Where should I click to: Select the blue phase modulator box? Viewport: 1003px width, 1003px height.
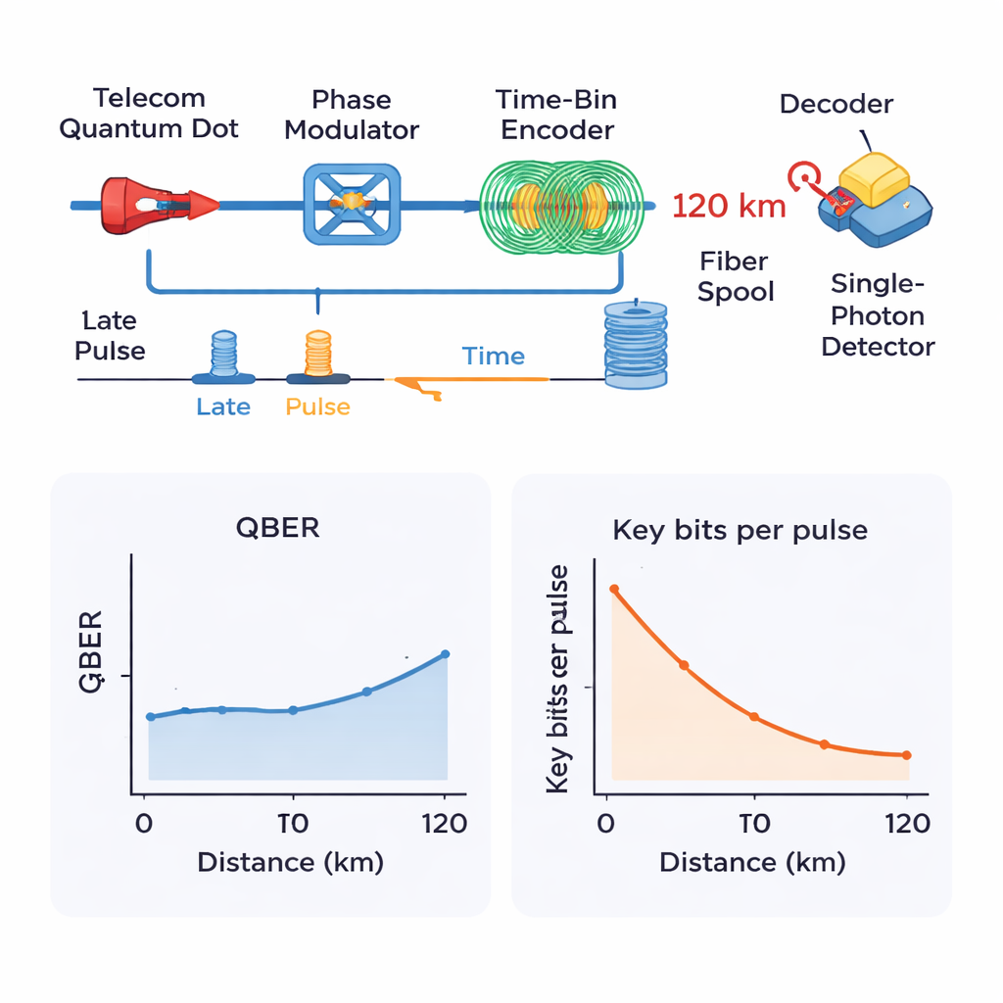click(x=352, y=203)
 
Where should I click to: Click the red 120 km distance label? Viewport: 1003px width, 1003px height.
click(x=730, y=207)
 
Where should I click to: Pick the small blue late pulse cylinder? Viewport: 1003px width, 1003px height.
click(x=224, y=355)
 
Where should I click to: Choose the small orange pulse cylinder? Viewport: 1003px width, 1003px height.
click(x=318, y=355)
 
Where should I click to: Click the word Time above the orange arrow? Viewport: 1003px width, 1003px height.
click(x=494, y=357)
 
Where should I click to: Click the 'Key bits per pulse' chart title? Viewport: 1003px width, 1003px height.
click(x=740, y=531)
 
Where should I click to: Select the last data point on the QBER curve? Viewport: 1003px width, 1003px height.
click(x=446, y=654)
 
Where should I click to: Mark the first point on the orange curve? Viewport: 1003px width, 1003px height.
click(x=614, y=590)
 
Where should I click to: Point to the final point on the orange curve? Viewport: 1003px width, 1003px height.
click(x=906, y=755)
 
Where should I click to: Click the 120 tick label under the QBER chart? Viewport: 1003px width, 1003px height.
click(x=443, y=823)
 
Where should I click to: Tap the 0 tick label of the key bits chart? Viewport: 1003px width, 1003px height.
click(x=607, y=823)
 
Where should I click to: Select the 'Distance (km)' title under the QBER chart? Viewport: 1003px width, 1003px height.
click(x=290, y=863)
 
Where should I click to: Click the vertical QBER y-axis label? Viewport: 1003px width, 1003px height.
click(x=90, y=652)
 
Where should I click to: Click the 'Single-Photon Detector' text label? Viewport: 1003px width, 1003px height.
click(x=877, y=315)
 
